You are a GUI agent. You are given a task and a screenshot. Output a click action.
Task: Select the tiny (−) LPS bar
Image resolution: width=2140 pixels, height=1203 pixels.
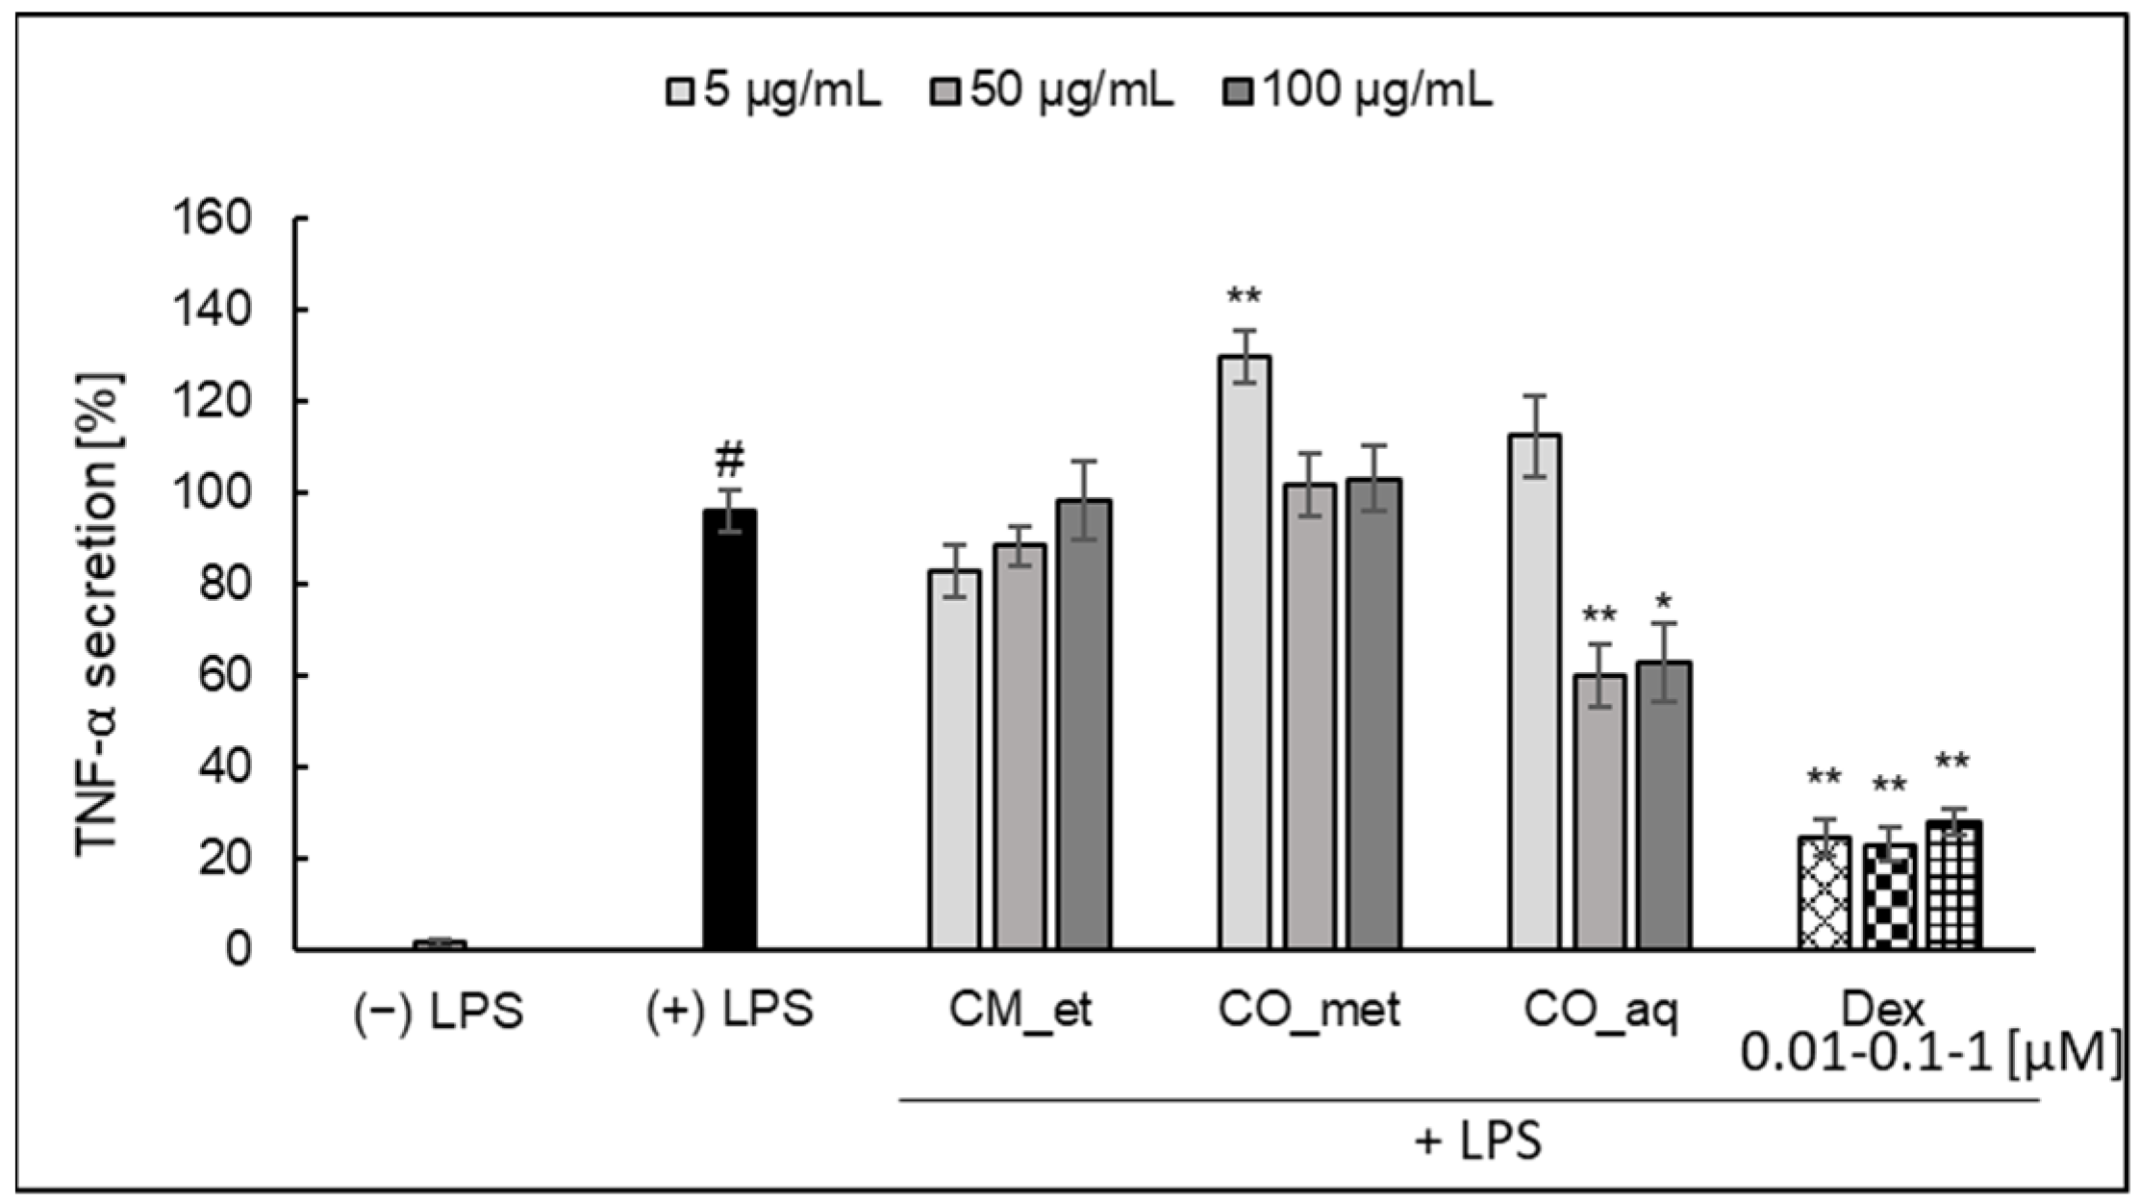coord(440,944)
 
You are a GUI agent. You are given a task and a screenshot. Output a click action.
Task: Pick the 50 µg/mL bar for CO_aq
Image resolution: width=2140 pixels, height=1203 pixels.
coord(1599,812)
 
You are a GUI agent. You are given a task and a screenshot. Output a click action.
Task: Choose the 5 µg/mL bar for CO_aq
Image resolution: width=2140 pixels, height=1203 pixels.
coord(1534,692)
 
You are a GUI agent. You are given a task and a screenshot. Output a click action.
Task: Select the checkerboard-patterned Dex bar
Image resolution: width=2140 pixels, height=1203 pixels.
coord(1889,896)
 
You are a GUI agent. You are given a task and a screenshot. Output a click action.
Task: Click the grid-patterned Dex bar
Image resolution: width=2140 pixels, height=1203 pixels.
coord(1953,885)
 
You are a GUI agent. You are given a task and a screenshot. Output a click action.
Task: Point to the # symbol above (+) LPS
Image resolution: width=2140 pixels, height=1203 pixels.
coord(730,461)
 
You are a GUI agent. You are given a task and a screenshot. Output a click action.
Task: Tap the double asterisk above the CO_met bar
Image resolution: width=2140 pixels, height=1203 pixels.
coord(1244,296)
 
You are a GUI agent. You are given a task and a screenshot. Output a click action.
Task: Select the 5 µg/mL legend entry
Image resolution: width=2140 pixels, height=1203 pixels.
coord(774,92)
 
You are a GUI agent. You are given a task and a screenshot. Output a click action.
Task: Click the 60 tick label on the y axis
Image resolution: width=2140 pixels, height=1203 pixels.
coord(224,675)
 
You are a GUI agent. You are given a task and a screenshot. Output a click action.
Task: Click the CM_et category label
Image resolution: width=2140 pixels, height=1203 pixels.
coord(1020,1011)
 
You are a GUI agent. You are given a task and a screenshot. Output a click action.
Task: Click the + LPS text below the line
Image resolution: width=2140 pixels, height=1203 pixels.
coord(1478,1141)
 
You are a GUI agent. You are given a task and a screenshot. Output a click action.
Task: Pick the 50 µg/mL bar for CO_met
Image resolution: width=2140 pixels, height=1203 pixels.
coord(1310,715)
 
